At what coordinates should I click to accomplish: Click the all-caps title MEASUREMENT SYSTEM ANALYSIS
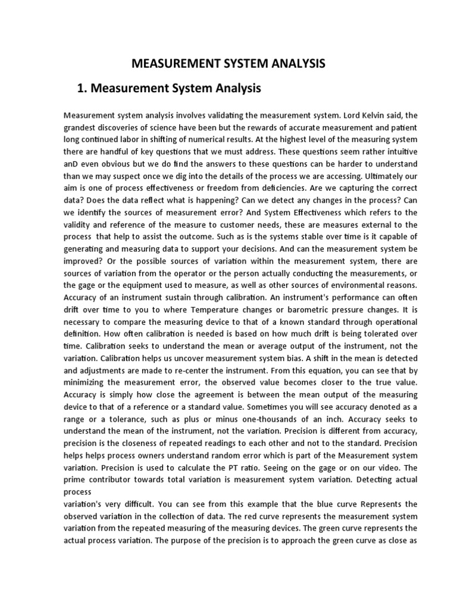point(228,62)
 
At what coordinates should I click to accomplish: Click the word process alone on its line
point(77,492)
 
